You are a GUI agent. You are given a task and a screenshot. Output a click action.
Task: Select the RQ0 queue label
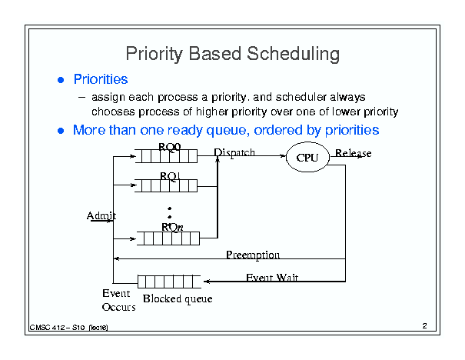tap(170, 147)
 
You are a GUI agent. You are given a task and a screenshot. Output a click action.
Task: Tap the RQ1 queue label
tap(170, 176)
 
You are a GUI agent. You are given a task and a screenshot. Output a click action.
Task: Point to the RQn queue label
tap(172, 227)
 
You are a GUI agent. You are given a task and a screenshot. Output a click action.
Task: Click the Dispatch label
tap(234, 152)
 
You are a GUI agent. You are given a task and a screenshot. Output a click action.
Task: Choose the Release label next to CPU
tap(354, 153)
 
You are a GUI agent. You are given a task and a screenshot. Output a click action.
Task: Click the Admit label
tap(101, 215)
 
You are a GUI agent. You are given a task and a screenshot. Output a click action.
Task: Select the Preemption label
tap(253, 255)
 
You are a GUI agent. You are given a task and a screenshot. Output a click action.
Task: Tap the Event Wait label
tap(272, 277)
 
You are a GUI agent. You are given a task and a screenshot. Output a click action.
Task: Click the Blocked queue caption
tap(178, 299)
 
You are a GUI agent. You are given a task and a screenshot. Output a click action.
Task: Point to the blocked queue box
tap(169, 282)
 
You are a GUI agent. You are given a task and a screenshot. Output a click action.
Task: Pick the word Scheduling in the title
tap(293, 54)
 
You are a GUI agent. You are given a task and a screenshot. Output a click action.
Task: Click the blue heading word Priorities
tap(101, 79)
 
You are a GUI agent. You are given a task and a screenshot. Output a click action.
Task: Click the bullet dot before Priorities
tap(61, 80)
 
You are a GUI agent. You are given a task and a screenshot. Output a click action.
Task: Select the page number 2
tap(425, 325)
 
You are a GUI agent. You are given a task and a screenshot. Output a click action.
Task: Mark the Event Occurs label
tap(118, 300)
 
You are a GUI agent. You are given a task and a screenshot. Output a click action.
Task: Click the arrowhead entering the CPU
tap(283, 155)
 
